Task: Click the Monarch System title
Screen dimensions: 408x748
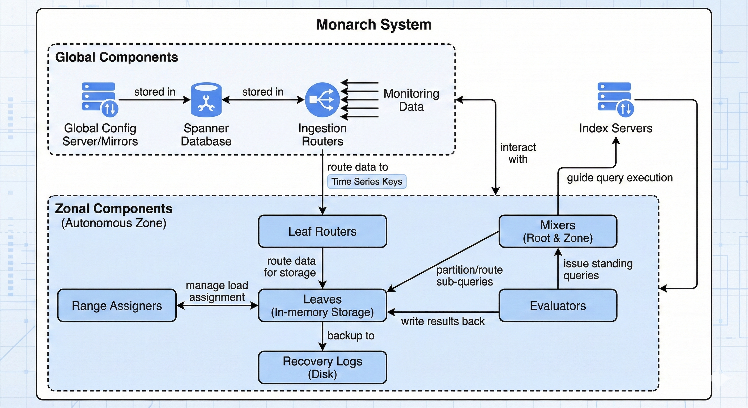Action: point(374,24)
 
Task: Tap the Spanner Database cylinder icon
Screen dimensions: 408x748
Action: point(206,100)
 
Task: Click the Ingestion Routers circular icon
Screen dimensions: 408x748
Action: point(322,100)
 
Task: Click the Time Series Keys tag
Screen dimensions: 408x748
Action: point(367,181)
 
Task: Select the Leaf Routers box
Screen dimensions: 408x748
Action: point(322,231)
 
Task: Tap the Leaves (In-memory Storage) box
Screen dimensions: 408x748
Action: point(322,305)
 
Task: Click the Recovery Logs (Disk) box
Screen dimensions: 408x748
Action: point(322,367)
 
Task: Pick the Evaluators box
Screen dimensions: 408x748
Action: point(558,305)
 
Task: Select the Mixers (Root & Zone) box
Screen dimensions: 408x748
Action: point(558,231)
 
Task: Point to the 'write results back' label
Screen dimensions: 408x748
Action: point(443,321)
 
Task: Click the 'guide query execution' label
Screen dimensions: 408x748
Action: point(620,178)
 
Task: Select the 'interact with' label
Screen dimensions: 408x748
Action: point(518,153)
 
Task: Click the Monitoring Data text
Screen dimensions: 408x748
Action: point(411,100)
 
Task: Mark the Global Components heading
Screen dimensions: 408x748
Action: point(116,57)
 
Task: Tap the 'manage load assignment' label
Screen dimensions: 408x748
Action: point(217,291)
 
